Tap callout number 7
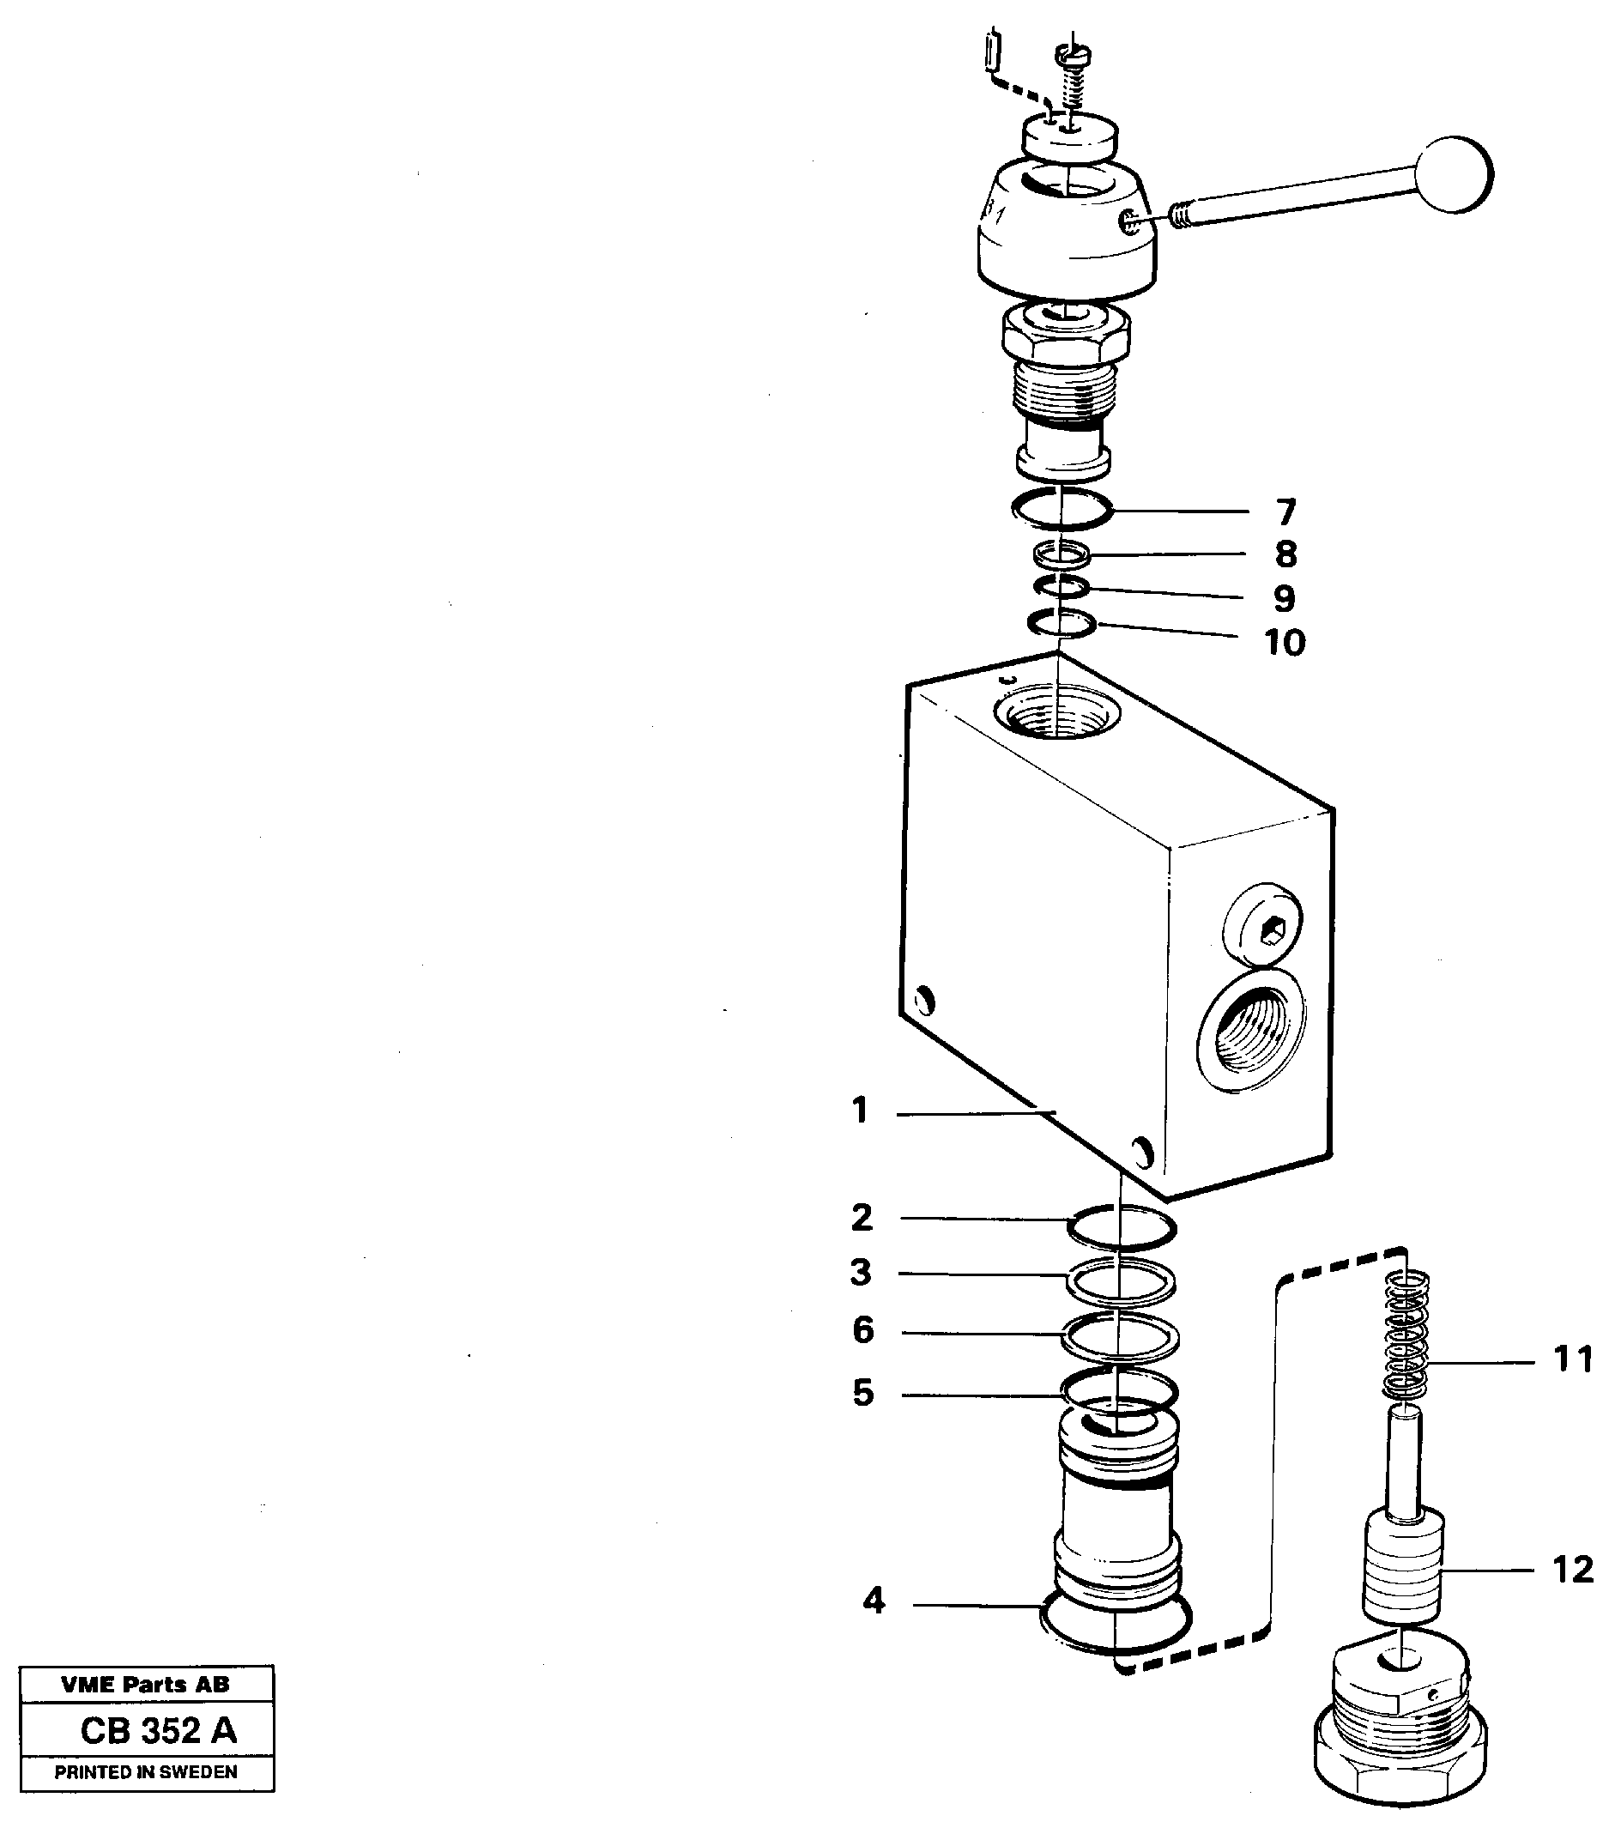point(1285,512)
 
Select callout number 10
point(1284,643)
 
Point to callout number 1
point(860,1110)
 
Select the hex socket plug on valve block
point(1264,930)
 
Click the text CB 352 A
point(158,1730)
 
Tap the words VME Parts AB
point(145,1684)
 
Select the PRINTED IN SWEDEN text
point(145,1772)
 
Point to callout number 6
point(862,1329)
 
